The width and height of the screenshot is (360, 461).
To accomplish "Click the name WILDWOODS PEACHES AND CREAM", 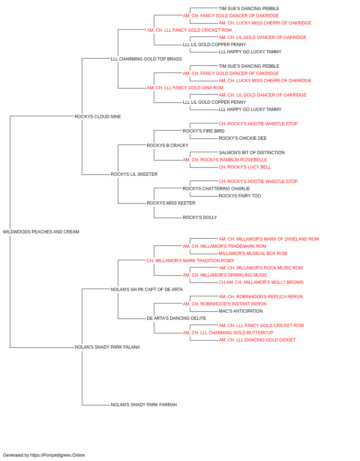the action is pyautogui.click(x=41, y=232).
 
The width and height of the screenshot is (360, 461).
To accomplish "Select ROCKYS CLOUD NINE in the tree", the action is pyautogui.click(x=98, y=117).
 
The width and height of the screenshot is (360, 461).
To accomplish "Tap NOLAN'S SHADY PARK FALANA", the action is pyautogui.click(x=107, y=347).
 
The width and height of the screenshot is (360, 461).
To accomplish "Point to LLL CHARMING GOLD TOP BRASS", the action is pyautogui.click(x=146, y=59).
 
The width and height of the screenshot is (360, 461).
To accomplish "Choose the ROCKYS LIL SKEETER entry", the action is pyautogui.click(x=134, y=174).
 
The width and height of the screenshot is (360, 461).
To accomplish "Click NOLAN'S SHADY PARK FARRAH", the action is pyautogui.click(x=144, y=405).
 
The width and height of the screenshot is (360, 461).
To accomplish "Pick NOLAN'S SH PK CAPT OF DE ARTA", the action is pyautogui.click(x=147, y=290).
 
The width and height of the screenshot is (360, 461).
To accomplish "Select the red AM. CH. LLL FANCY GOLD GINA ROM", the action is pyautogui.click(x=185, y=88).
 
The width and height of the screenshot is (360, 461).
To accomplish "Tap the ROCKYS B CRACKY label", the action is pyautogui.click(x=167, y=146).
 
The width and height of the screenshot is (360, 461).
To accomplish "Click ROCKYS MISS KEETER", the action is pyautogui.click(x=171, y=203).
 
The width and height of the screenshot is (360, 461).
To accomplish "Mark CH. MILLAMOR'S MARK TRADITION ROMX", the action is pyautogui.click(x=190, y=261).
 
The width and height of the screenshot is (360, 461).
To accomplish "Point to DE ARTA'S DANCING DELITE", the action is pyautogui.click(x=176, y=318).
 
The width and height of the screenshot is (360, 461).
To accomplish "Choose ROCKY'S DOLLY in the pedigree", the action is pyautogui.click(x=200, y=218).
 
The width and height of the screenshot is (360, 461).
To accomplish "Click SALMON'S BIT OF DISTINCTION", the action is pyautogui.click(x=252, y=153).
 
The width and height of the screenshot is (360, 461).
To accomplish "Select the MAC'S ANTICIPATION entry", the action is pyautogui.click(x=240, y=311).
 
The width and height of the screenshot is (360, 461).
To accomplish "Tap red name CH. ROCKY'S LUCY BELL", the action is pyautogui.click(x=245, y=167).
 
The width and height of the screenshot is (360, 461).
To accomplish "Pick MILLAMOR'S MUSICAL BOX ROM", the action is pyautogui.click(x=253, y=254).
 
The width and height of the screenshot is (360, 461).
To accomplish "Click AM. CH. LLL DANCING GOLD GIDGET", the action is pyautogui.click(x=257, y=340).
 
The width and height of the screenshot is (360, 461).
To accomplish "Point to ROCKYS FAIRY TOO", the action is pyautogui.click(x=240, y=196).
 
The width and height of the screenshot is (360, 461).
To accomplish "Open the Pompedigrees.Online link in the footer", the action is pyautogui.click(x=58, y=455).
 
